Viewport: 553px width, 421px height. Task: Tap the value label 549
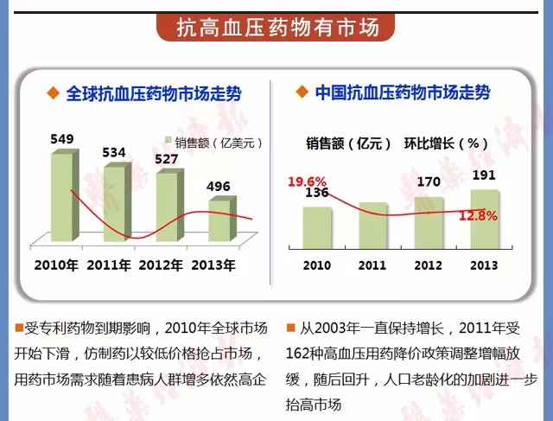(62, 139)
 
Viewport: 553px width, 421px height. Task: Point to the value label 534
(114, 153)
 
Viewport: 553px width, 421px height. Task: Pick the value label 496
(218, 187)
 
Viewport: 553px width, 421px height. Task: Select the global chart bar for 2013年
(219, 221)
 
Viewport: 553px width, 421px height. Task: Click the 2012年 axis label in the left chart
(164, 265)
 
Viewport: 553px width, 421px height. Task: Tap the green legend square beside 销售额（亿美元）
(169, 143)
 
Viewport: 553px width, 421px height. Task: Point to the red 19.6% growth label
(307, 182)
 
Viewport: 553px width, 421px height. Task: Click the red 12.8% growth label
(478, 216)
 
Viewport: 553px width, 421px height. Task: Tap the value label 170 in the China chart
(428, 182)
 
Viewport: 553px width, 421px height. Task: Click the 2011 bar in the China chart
(372, 224)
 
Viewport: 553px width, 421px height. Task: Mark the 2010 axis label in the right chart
(316, 265)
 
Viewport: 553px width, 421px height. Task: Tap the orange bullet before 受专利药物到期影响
(20, 329)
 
